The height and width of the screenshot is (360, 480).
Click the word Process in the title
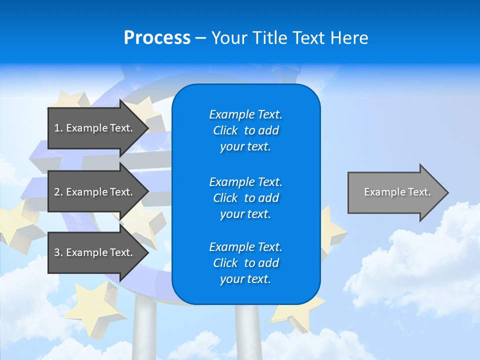point(157,38)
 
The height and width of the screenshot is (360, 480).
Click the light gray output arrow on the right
point(395,192)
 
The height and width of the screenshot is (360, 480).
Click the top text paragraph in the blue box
point(245,130)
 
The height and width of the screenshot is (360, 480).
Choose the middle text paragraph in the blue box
point(245,198)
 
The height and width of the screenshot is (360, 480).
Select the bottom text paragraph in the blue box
point(245,263)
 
